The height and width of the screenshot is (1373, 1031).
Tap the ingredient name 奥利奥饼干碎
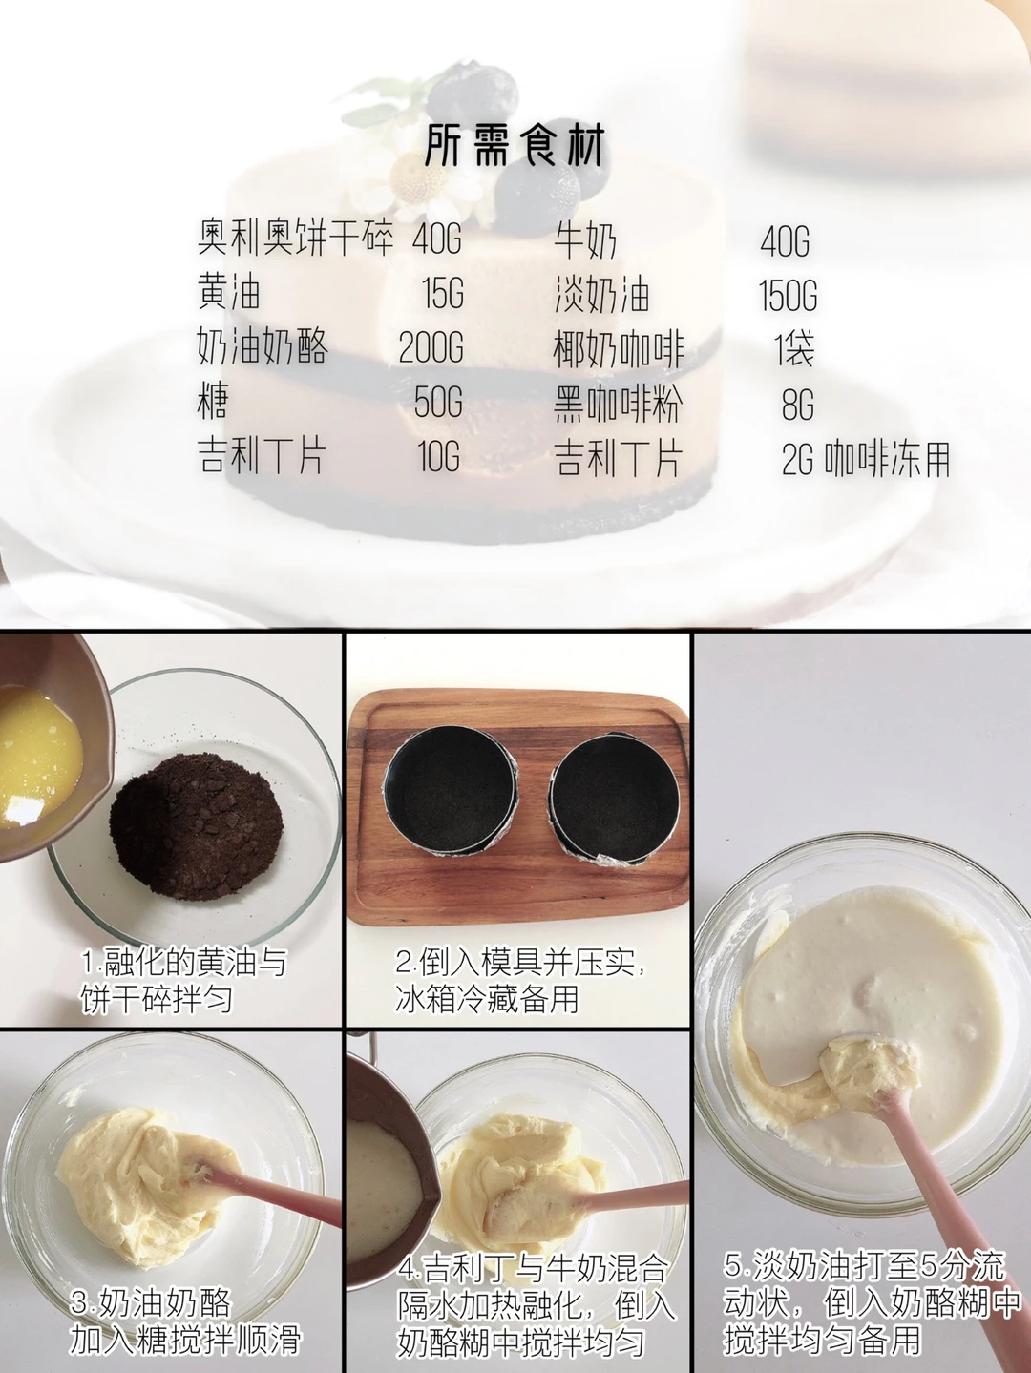pyautogui.click(x=296, y=239)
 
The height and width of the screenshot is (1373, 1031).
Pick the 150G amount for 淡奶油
pyautogui.click(x=789, y=294)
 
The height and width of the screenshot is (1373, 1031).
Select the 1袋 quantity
pyautogui.click(x=794, y=348)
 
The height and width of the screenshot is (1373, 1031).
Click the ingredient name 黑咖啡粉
pyautogui.click(x=617, y=404)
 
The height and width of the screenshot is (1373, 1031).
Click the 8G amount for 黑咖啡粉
pyautogui.click(x=798, y=403)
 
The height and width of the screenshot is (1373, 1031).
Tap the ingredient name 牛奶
pyautogui.click(x=585, y=239)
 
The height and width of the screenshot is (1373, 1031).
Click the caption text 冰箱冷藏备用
pyautogui.click(x=487, y=999)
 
